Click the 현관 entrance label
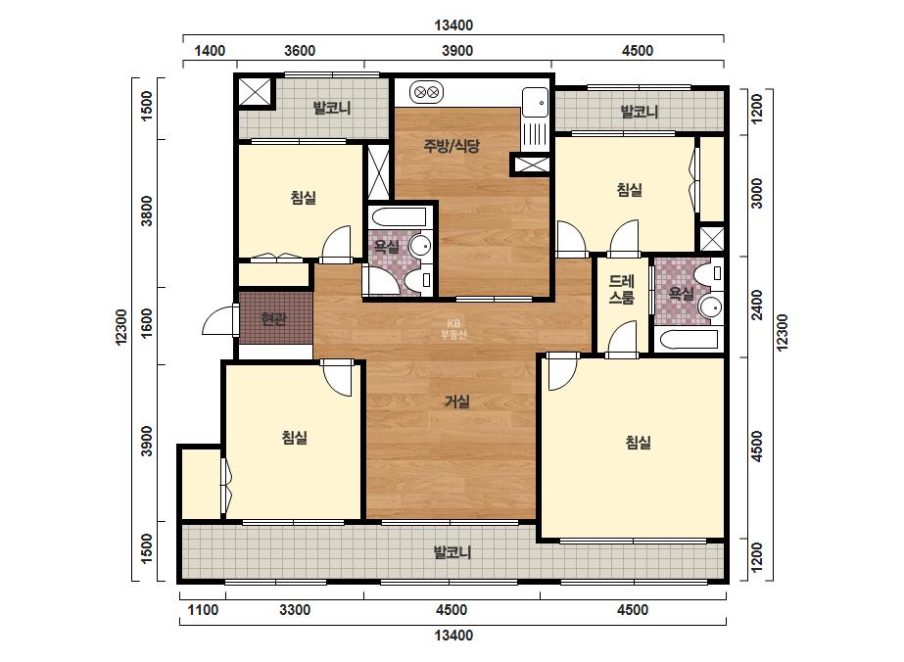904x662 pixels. pyautogui.click(x=274, y=319)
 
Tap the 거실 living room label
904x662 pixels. pyautogui.click(x=456, y=402)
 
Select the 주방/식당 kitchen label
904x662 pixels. pyautogui.click(x=452, y=146)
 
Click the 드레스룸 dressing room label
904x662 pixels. pyautogui.click(x=622, y=290)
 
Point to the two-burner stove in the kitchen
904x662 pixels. pyautogui.click(x=427, y=92)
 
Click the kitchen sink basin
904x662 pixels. pyautogui.click(x=535, y=103)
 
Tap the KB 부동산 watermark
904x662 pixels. pyautogui.click(x=453, y=329)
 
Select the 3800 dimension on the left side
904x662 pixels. pyautogui.click(x=147, y=212)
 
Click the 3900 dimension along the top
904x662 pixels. pyautogui.click(x=457, y=51)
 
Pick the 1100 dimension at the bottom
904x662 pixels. pyautogui.click(x=203, y=609)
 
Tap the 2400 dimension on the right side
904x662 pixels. pyautogui.click(x=756, y=305)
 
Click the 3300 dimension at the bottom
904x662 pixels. pyautogui.click(x=295, y=609)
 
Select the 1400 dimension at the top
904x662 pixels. pyautogui.click(x=210, y=51)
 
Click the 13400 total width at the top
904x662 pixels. pyautogui.click(x=453, y=25)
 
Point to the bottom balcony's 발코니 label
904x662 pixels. pyautogui.click(x=452, y=552)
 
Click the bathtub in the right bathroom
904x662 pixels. pyautogui.click(x=687, y=340)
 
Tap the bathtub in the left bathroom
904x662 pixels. pyautogui.click(x=399, y=218)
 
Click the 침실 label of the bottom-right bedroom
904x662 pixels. pyautogui.click(x=639, y=443)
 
